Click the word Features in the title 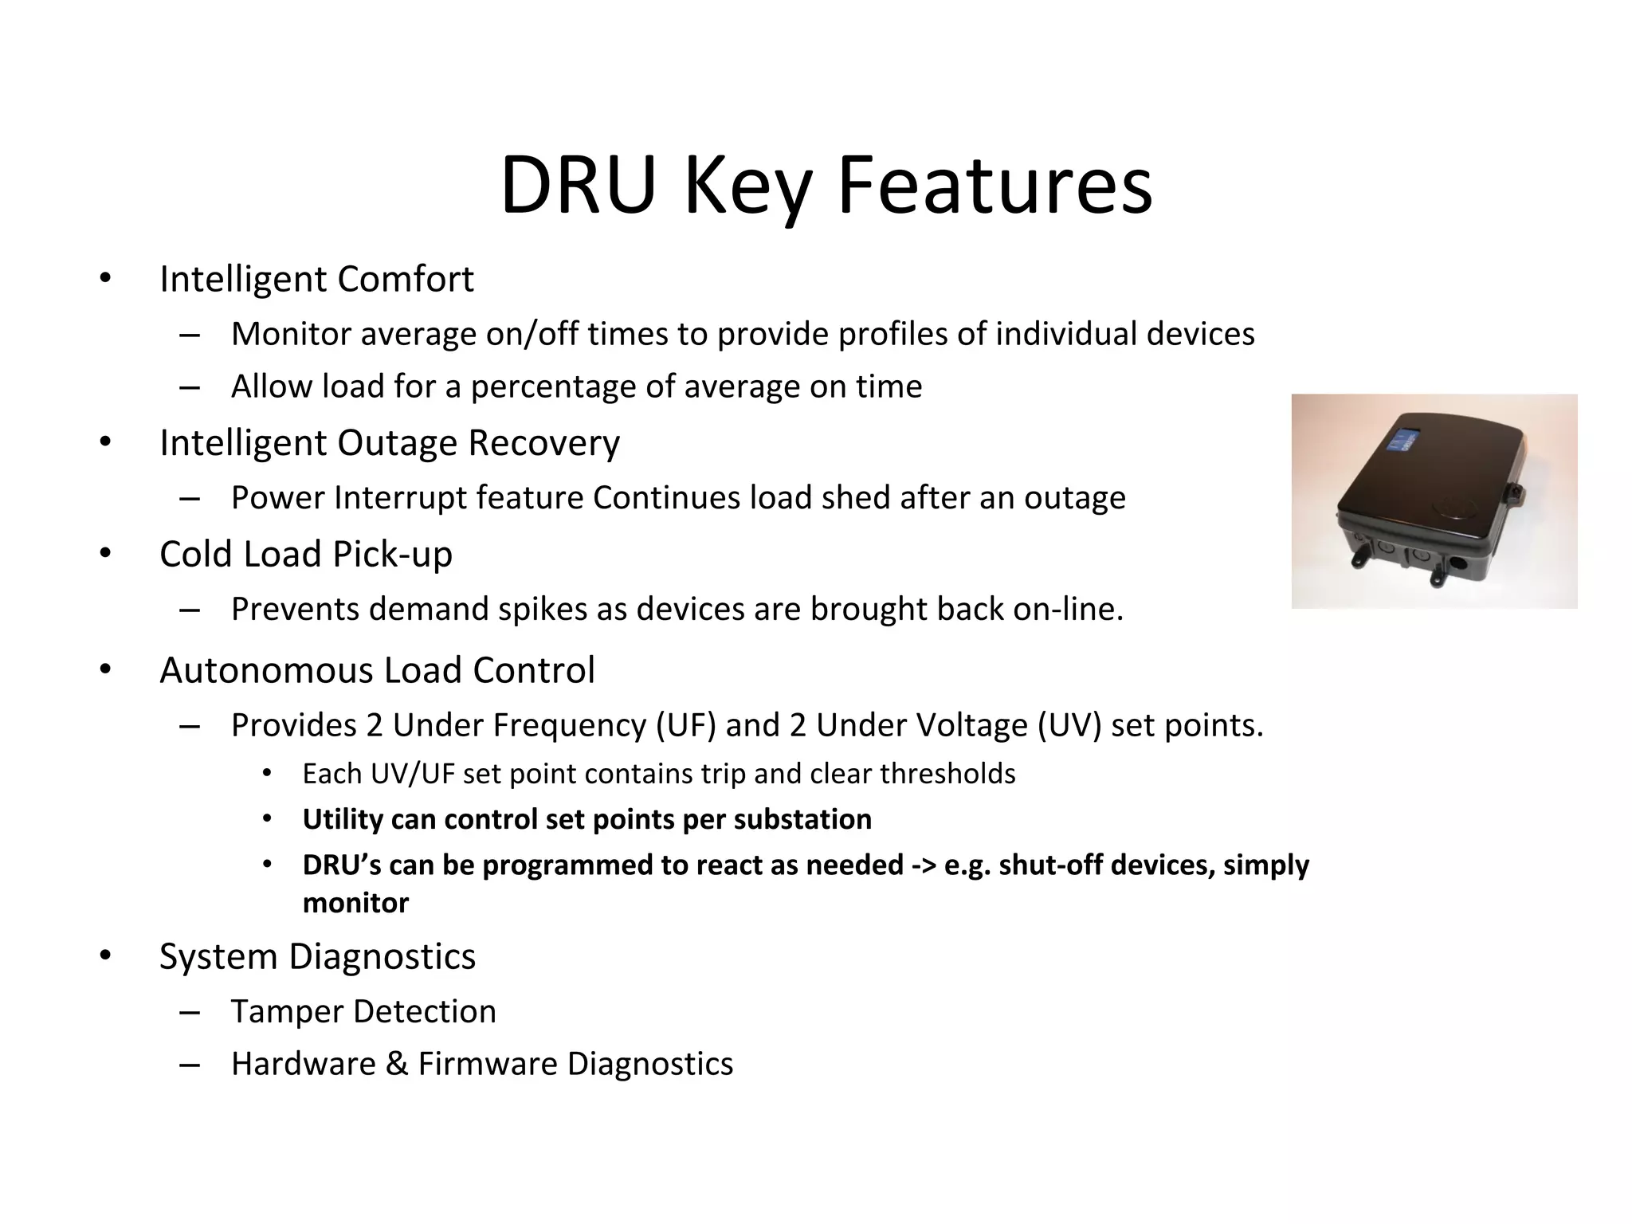pos(994,185)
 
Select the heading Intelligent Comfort pos(316,280)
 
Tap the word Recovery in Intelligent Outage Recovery pos(543,443)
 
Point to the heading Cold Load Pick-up pos(306,555)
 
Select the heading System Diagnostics pos(317,956)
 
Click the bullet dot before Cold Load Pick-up pos(105,553)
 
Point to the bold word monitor pos(355,903)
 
